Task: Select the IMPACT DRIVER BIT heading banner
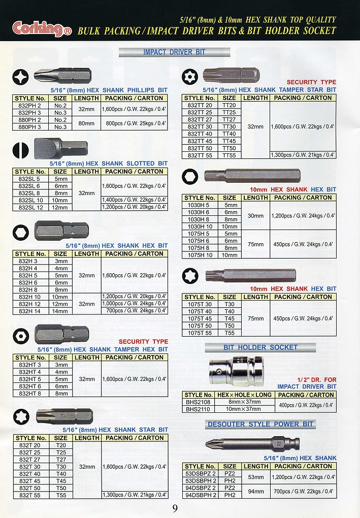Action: pyautogui.click(x=174, y=52)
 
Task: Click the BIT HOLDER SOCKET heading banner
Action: pyautogui.click(x=260, y=347)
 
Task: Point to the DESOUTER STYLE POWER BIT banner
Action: pyautogui.click(x=260, y=424)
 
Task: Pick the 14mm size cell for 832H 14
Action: pyautogui.click(x=60, y=311)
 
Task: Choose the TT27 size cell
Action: pyautogui.click(x=229, y=119)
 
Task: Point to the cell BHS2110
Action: pyautogui.click(x=198, y=408)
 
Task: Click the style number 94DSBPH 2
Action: pyautogui.click(x=201, y=495)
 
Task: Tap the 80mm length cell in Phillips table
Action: pyautogui.click(x=87, y=123)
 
